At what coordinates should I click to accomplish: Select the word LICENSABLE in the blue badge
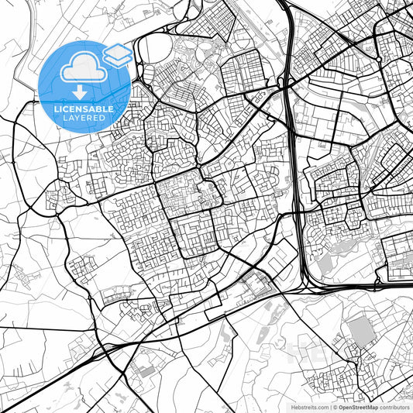click(x=83, y=109)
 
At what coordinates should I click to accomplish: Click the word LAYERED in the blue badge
click(x=83, y=119)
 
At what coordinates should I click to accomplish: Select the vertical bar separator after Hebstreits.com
click(x=330, y=407)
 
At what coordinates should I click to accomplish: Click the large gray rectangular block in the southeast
click(x=360, y=331)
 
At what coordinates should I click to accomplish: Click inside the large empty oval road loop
click(x=156, y=50)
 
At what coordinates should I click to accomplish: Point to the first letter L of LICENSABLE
click(x=55, y=109)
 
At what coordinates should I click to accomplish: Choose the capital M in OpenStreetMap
click(x=370, y=407)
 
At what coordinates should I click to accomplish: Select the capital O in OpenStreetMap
click(x=342, y=407)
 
